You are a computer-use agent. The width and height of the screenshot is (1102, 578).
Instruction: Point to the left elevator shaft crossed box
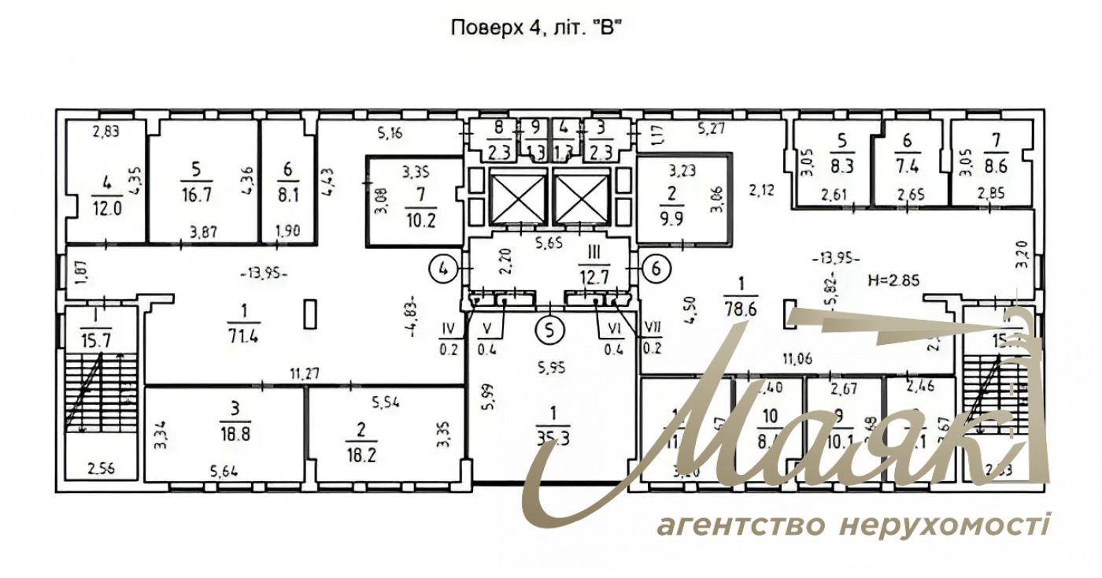click(518, 195)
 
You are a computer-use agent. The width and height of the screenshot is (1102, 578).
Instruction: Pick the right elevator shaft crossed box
click(581, 195)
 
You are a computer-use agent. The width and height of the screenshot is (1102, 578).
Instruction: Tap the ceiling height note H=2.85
click(893, 279)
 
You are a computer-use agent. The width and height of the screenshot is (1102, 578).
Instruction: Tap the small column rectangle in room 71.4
click(312, 314)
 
